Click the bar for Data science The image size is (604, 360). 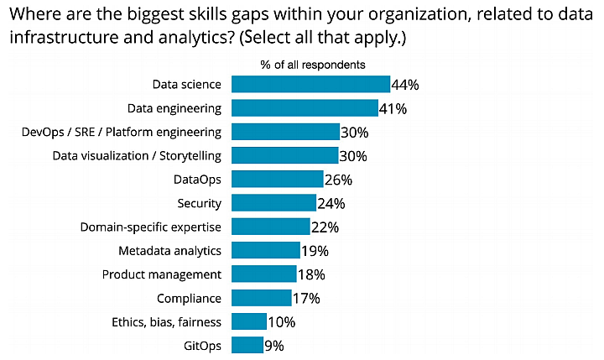310,84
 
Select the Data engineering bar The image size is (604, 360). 305,107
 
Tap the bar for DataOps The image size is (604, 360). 277,179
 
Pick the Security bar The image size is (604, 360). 273,202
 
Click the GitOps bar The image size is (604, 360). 247,345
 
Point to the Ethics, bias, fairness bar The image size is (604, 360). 248,321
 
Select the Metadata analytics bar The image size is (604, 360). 265,250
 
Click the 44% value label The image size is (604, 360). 404,85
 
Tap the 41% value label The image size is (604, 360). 393,108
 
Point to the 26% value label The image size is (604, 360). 338,180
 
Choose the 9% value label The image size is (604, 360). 274,346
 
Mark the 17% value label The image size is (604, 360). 306,298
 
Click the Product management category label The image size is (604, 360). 161,274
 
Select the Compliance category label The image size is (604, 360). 189,298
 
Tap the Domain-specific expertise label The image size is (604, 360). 150,227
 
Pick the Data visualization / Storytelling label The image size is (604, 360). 137,155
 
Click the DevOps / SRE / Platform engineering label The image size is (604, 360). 121,132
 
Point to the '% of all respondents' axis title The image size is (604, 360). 312,65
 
